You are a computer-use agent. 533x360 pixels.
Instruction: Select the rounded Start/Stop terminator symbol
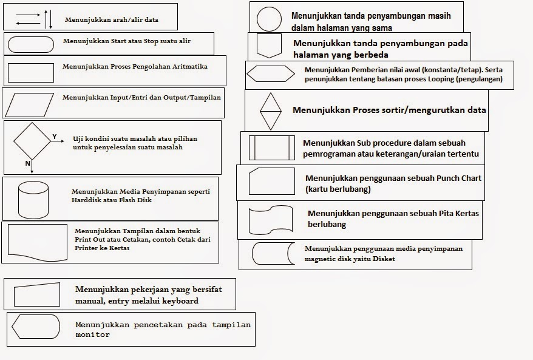(x=31, y=43)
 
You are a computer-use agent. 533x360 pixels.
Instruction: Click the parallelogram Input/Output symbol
(x=31, y=103)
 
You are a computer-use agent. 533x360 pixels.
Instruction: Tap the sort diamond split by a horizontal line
(x=270, y=110)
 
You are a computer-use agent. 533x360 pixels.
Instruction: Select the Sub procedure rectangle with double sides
(x=272, y=148)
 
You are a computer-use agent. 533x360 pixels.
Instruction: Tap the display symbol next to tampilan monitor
(x=36, y=327)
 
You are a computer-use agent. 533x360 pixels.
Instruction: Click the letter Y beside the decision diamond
(x=54, y=137)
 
